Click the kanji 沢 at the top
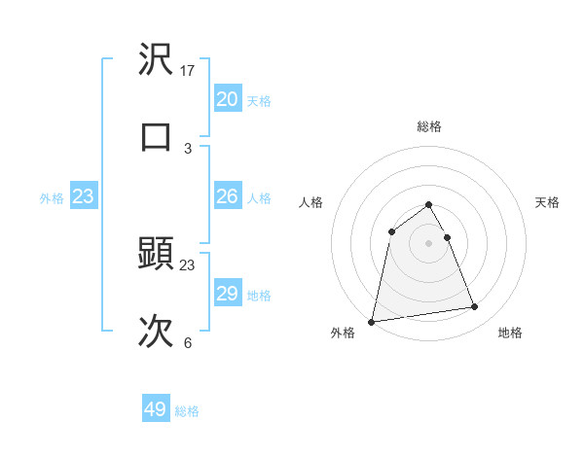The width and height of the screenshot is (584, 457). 157,59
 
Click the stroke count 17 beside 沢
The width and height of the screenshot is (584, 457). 189,70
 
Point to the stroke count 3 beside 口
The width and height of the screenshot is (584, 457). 188,148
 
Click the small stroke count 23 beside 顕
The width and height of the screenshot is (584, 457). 188,264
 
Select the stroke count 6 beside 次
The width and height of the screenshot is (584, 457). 188,342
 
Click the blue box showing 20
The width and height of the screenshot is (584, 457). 227,99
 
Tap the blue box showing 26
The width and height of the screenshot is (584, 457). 227,196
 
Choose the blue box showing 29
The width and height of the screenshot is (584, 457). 227,294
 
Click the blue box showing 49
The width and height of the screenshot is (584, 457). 156,409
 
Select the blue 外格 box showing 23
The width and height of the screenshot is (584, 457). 84,196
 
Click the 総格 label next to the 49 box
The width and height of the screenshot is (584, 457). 187,411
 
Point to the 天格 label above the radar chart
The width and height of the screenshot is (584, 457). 547,202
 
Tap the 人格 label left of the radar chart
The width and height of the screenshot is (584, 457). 311,202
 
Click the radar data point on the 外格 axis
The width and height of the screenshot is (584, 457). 372,321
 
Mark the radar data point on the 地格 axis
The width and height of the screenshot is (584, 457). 475,307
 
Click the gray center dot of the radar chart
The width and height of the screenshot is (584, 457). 428,242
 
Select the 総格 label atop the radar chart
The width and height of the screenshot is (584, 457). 428,126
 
